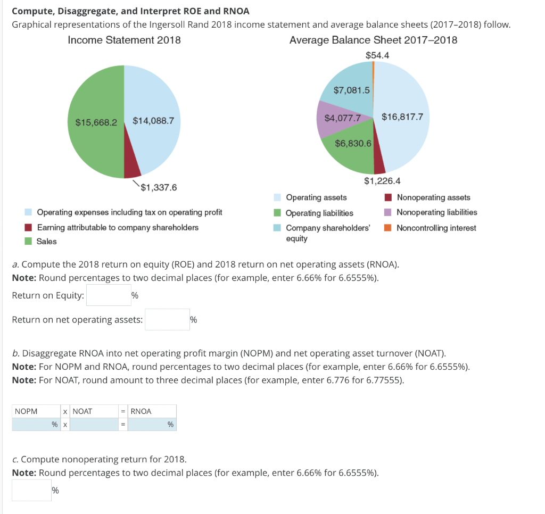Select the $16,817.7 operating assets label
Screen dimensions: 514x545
tap(402, 117)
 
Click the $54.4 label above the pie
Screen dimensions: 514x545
tap(377, 55)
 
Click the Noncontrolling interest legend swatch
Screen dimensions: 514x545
tap(388, 228)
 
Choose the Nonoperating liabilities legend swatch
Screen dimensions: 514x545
tap(388, 212)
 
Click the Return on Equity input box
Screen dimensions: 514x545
tap(109, 296)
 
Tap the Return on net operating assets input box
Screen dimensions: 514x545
tap(167, 320)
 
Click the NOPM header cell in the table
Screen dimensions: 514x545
tap(36, 411)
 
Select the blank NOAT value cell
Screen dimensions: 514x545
tap(94, 425)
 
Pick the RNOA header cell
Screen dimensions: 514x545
tap(152, 411)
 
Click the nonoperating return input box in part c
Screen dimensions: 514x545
tap(31, 490)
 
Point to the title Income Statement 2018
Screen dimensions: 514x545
tap(124, 40)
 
